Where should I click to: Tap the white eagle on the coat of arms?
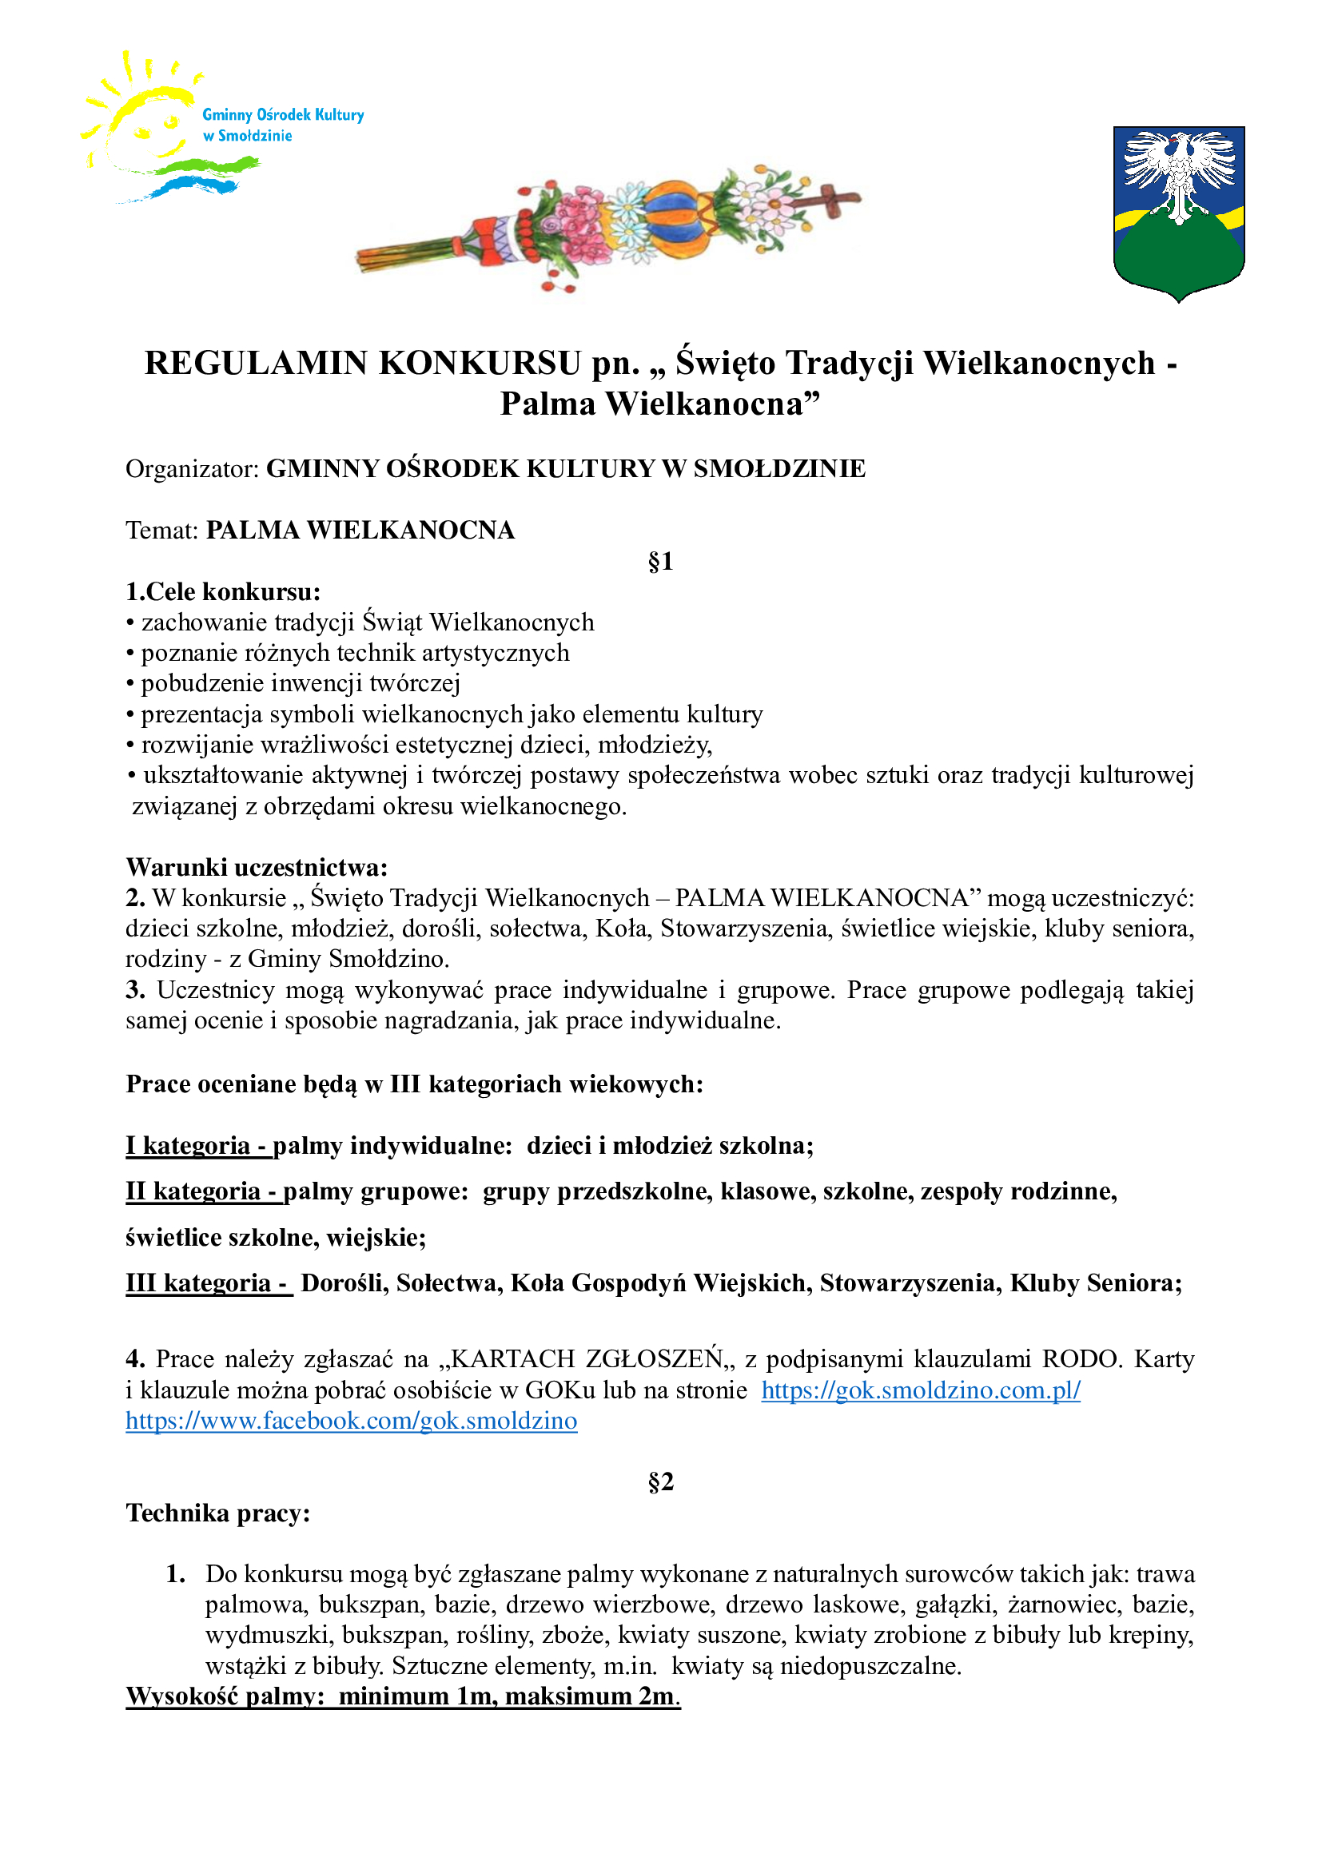[1179, 171]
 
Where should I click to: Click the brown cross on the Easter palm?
[834, 200]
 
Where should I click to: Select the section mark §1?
[660, 562]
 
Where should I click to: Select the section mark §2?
[660, 1481]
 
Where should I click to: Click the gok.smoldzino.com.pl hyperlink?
[921, 1390]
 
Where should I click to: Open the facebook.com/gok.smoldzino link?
[351, 1421]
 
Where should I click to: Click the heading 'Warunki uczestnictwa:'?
[257, 867]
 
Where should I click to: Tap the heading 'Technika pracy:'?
[218, 1513]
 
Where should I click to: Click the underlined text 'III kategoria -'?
[208, 1283]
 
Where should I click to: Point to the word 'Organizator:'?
[192, 469]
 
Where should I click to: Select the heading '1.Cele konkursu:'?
[223, 592]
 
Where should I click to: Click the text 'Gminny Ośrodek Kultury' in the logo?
[283, 115]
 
